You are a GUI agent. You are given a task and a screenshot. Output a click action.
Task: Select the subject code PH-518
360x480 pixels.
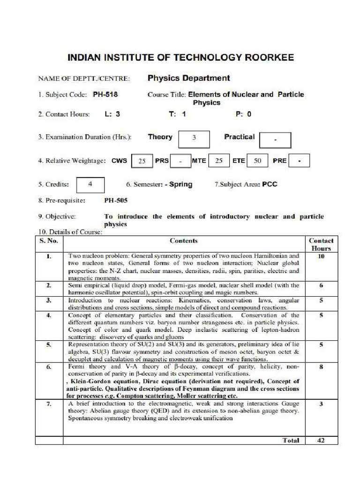point(105,94)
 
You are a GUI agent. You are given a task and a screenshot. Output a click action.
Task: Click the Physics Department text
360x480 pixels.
point(188,78)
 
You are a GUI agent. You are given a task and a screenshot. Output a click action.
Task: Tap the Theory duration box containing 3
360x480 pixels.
point(194,138)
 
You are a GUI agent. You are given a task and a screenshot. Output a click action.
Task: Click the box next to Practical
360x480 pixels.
point(275,140)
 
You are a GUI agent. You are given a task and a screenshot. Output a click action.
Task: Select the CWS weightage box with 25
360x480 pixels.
point(142,161)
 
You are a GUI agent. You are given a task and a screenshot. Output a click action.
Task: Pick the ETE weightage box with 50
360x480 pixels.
point(257,161)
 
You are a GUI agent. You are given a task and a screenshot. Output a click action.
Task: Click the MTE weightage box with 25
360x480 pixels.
point(218,161)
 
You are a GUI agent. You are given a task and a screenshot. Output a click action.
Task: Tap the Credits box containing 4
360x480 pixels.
point(90,184)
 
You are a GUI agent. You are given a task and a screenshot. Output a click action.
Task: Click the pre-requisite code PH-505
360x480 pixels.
point(116,200)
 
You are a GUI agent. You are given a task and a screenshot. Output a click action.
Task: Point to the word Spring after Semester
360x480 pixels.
point(180,184)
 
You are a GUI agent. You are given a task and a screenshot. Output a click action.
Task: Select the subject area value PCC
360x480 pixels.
point(270,184)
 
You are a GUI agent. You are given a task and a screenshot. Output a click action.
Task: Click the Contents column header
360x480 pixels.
point(183,240)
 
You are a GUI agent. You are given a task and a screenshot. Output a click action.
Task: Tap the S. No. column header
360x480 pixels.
point(49,240)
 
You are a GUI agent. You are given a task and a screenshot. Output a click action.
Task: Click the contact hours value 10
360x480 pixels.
point(321,256)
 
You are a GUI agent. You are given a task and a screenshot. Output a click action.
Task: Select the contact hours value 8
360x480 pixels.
point(321,367)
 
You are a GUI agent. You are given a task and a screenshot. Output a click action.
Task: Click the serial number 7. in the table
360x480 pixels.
point(49,404)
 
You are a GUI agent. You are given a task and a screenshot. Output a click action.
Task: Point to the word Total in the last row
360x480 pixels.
point(291,440)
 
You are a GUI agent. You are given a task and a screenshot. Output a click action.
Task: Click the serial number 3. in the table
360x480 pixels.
point(49,300)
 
